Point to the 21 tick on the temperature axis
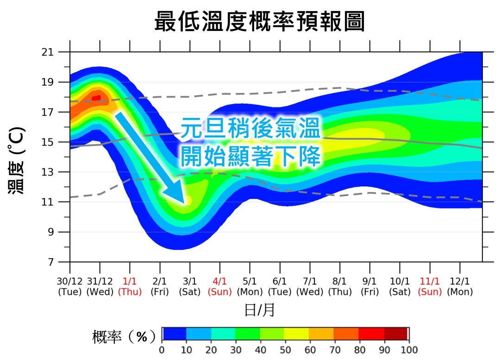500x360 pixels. [60, 52]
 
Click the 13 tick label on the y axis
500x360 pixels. [60, 172]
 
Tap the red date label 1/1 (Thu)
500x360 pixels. [130, 286]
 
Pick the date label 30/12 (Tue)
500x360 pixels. [70, 286]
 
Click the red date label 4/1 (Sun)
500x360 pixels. [219, 286]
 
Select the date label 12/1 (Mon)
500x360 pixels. [460, 286]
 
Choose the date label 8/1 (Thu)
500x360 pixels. [340, 286]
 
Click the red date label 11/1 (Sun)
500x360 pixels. [430, 286]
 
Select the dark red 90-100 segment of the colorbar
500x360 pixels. [396, 334]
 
